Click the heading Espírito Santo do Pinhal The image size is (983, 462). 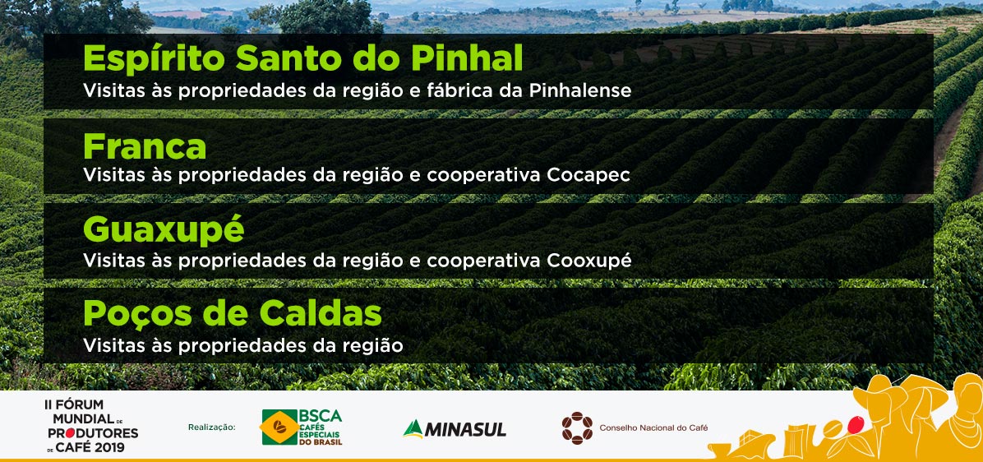pyautogui.click(x=302, y=59)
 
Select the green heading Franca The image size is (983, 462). pyautogui.click(x=144, y=146)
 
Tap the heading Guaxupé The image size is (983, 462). pyautogui.click(x=163, y=230)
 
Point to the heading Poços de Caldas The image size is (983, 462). pyautogui.click(x=232, y=313)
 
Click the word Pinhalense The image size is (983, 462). pyautogui.click(x=580, y=90)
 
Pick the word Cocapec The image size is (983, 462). pyautogui.click(x=588, y=175)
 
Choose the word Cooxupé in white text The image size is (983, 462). pyautogui.click(x=588, y=260)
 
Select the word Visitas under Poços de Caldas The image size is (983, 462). pyautogui.click(x=113, y=344)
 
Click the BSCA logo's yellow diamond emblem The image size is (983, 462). pyautogui.click(x=279, y=427)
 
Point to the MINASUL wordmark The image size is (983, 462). pyautogui.click(x=465, y=429)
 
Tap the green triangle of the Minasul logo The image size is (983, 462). pyautogui.click(x=413, y=429)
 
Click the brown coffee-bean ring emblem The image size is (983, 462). pyautogui.click(x=577, y=428)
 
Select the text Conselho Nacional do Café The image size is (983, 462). pyautogui.click(x=654, y=428)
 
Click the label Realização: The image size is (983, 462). pyautogui.click(x=211, y=427)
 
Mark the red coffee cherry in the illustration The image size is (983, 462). pyautogui.click(x=854, y=424)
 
